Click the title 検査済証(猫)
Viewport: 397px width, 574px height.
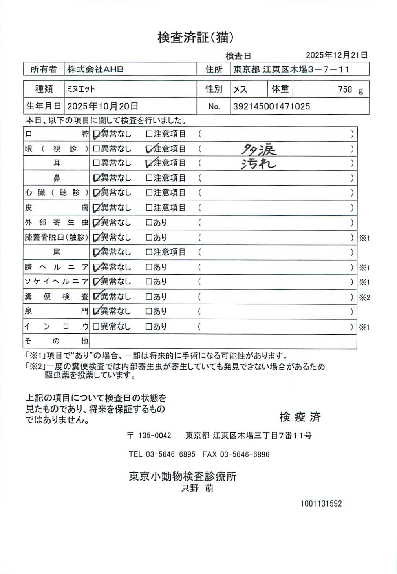click(196, 37)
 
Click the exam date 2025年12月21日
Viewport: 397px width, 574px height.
click(337, 55)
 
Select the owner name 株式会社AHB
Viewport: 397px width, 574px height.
click(95, 69)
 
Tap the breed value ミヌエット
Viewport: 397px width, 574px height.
click(81, 89)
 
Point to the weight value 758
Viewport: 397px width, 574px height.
click(345, 89)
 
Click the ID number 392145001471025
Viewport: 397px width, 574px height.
click(271, 106)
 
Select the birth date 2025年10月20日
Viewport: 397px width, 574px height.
click(102, 106)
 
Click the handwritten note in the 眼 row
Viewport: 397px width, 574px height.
click(258, 149)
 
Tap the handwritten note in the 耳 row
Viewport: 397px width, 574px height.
click(258, 164)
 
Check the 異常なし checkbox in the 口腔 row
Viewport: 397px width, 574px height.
click(96, 135)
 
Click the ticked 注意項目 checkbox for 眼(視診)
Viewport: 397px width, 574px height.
click(149, 149)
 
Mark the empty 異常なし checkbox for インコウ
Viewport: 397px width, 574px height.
click(96, 326)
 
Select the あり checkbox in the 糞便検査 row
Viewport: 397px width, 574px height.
click(149, 297)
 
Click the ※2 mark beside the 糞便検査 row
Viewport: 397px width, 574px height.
click(364, 297)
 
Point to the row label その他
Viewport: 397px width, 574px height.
click(57, 341)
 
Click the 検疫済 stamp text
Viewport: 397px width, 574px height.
click(300, 417)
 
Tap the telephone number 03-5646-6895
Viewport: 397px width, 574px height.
click(170, 454)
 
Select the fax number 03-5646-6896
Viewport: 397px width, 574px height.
click(245, 454)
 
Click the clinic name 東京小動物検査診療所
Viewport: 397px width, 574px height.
click(183, 476)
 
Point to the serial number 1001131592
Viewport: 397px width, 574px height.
click(321, 503)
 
